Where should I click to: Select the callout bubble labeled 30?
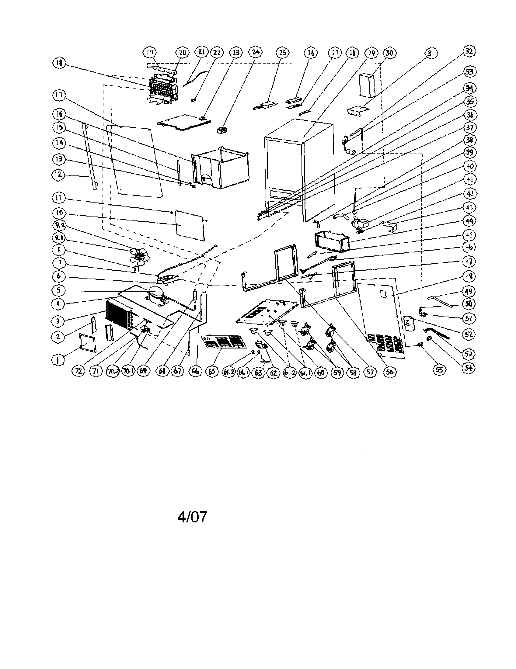pyautogui.click(x=389, y=53)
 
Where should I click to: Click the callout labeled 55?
pyautogui.click(x=439, y=370)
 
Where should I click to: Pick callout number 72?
pyautogui.click(x=79, y=371)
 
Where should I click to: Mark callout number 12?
pyautogui.click(x=58, y=175)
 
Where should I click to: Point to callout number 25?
pyautogui.click(x=282, y=53)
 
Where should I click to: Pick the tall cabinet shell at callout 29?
pyautogui.click(x=299, y=172)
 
